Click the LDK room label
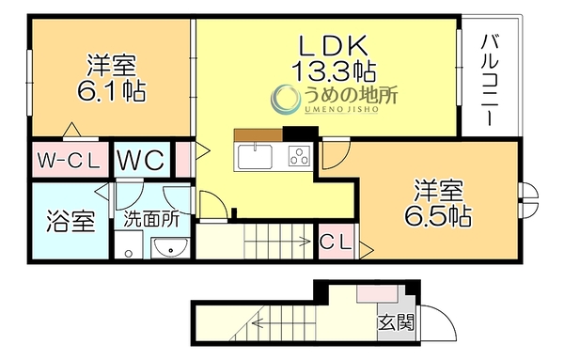(x=334, y=45)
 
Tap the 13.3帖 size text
(x=334, y=70)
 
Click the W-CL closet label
(x=69, y=161)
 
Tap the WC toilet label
(x=141, y=160)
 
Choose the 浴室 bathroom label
(x=70, y=221)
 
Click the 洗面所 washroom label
(x=151, y=218)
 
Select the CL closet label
(x=336, y=243)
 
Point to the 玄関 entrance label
(x=396, y=322)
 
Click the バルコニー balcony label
(x=490, y=80)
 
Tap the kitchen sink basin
(x=255, y=156)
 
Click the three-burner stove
(x=300, y=156)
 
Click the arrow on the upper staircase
(x=277, y=242)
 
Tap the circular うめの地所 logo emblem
(x=285, y=98)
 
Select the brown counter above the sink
(x=258, y=134)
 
